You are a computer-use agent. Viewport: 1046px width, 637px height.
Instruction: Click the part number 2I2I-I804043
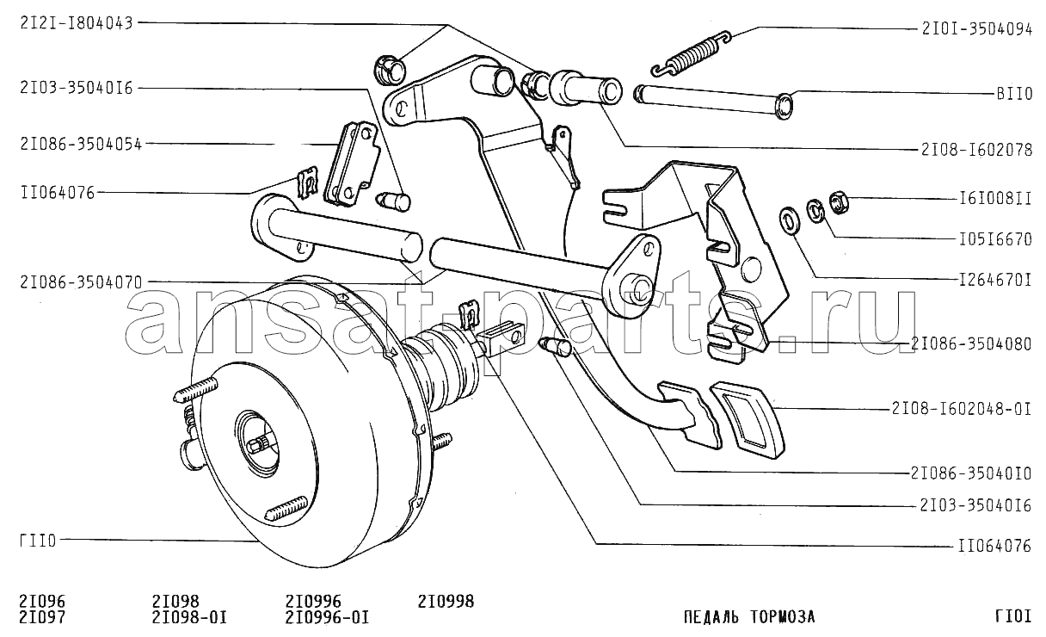pos(77,23)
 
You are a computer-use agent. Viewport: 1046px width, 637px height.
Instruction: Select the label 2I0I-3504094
pos(976,29)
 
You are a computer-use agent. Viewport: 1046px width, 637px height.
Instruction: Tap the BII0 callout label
pos(1013,94)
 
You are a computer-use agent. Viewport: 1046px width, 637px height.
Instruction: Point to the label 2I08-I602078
pos(976,150)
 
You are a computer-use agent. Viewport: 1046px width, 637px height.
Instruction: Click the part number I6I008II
pos(994,199)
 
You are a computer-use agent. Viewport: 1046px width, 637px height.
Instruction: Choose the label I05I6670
pos(994,239)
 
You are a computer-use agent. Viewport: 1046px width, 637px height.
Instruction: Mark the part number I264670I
pos(994,280)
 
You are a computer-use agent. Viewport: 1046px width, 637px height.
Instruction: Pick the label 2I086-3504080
pos(971,344)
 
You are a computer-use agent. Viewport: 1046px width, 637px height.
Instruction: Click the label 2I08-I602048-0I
pos(962,409)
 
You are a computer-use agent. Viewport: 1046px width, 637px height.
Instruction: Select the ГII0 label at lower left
pos(38,541)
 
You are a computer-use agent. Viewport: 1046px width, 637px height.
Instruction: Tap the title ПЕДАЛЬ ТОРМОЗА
pos(749,617)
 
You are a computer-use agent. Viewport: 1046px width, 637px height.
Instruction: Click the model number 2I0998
pos(446,601)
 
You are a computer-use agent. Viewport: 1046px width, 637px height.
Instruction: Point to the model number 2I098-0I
pos(189,617)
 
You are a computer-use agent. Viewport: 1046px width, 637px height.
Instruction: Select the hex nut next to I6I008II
pos(839,202)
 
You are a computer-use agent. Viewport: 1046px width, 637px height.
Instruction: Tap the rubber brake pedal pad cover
pos(748,419)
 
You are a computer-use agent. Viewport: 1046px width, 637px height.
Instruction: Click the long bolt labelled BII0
pos(713,102)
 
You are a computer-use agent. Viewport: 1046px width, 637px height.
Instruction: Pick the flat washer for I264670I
pos(789,220)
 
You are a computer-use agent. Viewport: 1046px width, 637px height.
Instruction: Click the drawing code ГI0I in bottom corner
pos(1012,617)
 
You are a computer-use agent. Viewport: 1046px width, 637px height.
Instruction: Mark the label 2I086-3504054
pos(81,144)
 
